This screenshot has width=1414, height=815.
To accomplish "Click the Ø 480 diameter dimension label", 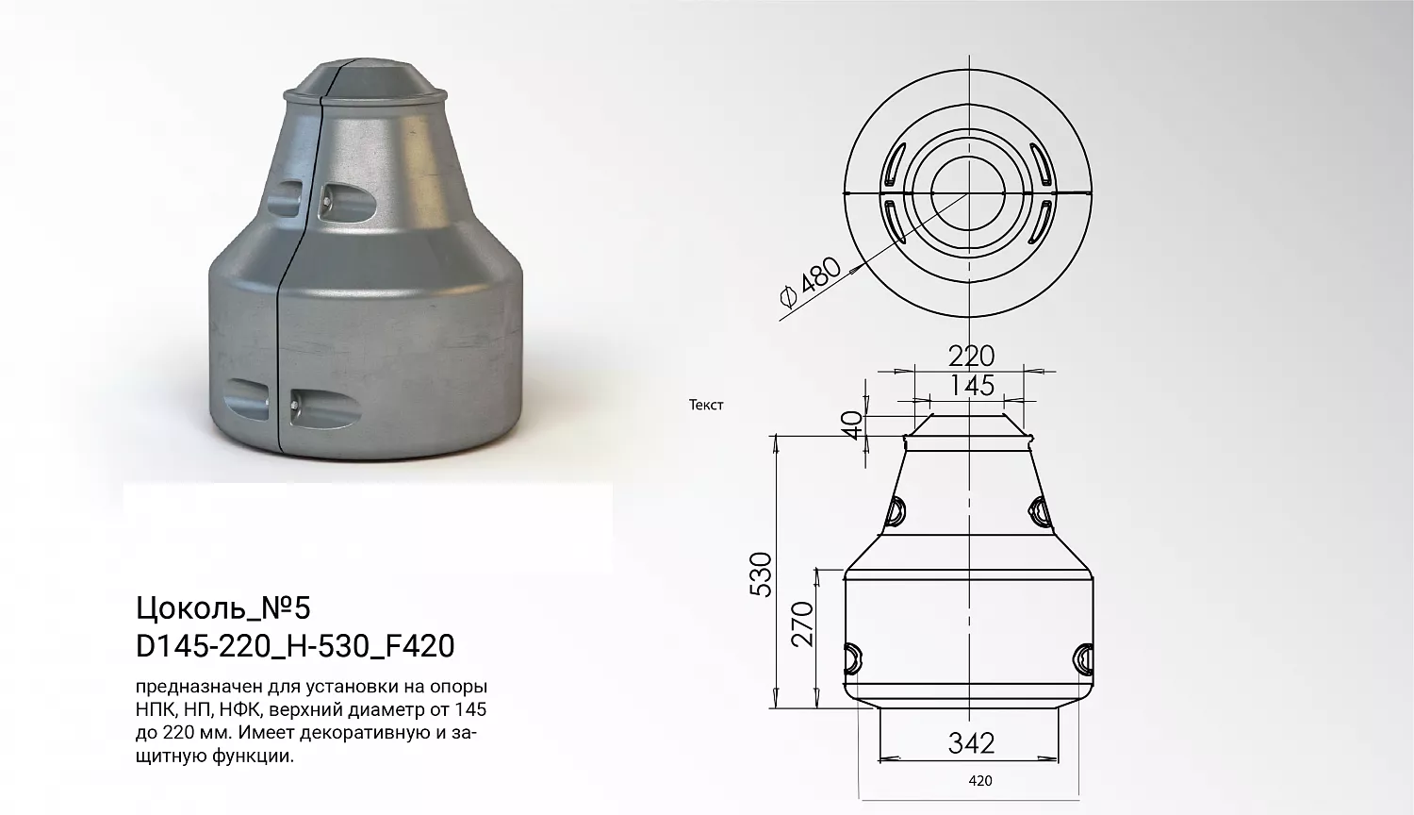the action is point(811,282).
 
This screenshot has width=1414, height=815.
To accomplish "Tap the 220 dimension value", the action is point(971,357).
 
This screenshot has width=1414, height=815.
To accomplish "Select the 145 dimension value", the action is point(972,386).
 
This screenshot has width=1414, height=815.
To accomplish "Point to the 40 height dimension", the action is point(853,424).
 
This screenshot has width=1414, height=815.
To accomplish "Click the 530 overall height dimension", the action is point(761,574).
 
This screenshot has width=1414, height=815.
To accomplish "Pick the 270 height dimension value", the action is point(802,624).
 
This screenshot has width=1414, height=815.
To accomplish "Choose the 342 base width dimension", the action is point(971,743).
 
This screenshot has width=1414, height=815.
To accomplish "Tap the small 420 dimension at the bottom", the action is point(980,781).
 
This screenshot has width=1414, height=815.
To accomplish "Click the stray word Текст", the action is point(706,405).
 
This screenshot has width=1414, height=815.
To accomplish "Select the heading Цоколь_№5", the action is point(223,608).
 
